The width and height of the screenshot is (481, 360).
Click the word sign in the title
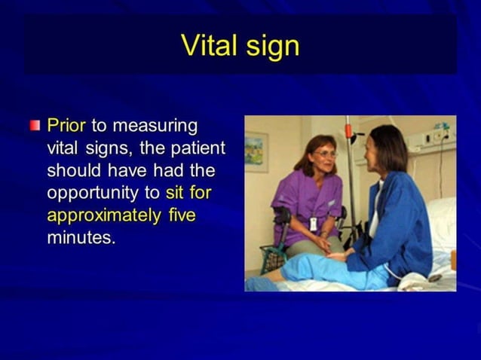click(272, 47)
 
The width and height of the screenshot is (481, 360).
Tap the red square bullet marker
click(35, 125)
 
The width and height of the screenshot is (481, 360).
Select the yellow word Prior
click(66, 124)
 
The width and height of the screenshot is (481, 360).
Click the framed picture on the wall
click(256, 151)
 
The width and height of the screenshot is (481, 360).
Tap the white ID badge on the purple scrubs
click(313, 224)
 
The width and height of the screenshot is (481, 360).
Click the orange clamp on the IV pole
click(349, 130)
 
